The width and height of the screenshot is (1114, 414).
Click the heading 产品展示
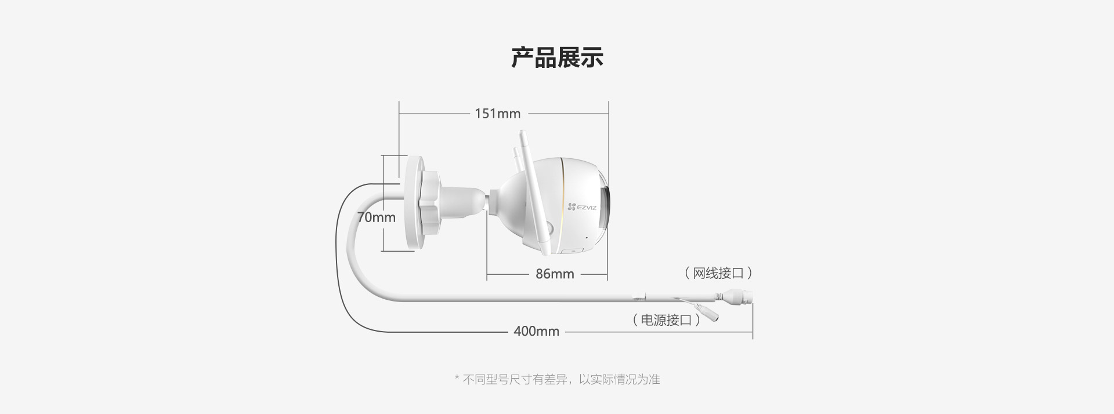point(557,57)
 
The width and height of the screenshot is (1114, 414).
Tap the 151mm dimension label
point(498,114)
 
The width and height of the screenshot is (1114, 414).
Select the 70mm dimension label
point(377,217)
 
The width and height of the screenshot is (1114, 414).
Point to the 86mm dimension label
point(555,274)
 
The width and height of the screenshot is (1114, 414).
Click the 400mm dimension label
point(536,331)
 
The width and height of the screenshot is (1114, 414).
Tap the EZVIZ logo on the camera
point(582,207)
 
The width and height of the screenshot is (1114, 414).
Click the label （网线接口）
point(718,273)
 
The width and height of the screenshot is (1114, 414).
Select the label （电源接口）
point(666,320)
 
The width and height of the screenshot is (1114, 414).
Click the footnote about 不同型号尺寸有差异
point(557,379)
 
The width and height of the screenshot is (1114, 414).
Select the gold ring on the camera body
point(562,206)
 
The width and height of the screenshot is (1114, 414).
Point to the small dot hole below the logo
point(586,237)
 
